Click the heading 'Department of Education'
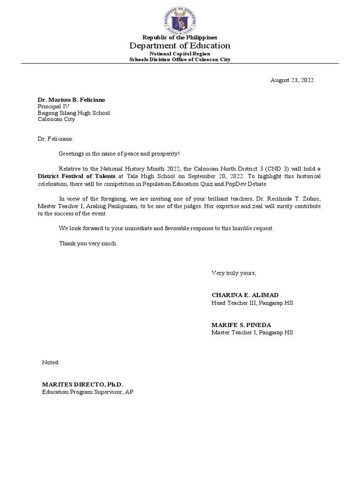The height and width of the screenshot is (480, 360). (180, 45)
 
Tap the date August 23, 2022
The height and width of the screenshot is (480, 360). (292, 80)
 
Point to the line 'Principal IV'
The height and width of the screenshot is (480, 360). (53, 106)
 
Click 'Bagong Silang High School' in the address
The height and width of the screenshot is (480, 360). (74, 113)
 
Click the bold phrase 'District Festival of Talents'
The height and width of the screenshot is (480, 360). (76, 175)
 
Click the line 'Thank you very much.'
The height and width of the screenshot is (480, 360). (88, 243)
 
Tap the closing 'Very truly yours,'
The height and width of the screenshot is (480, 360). (233, 273)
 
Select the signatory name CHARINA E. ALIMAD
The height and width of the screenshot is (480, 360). (245, 295)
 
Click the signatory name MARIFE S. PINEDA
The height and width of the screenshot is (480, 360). (241, 325)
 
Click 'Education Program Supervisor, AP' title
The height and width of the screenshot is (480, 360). (88, 391)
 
